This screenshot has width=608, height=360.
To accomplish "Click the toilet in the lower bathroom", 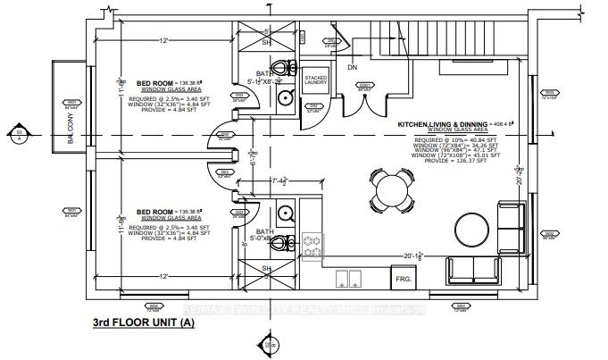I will [284, 241].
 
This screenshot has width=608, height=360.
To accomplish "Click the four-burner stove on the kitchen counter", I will [312, 246].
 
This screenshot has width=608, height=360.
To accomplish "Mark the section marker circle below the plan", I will [267, 346].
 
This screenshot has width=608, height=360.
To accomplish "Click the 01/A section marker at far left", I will [19, 136].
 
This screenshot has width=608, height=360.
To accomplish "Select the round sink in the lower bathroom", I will [285, 213].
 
